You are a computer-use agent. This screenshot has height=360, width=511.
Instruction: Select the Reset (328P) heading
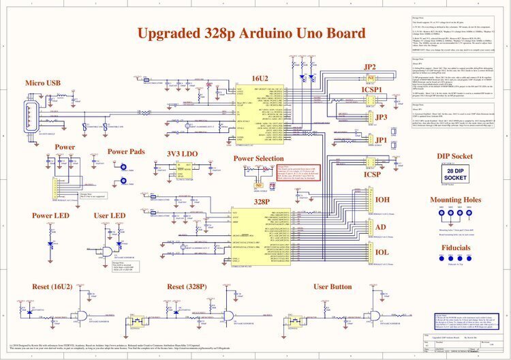[x=187, y=286]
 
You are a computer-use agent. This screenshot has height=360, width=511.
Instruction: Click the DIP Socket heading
[x=456, y=156]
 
